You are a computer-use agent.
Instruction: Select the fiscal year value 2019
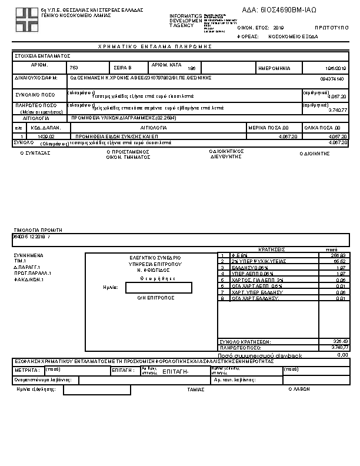click(278, 28)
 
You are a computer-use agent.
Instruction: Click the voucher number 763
click(74, 68)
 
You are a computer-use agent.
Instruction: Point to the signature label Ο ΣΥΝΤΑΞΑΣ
click(35, 152)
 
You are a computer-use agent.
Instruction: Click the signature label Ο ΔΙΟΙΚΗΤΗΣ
click(314, 153)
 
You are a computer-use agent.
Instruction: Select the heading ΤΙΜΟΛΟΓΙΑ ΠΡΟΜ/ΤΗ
click(38, 230)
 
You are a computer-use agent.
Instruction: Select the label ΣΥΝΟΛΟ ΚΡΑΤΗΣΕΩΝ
click(244, 341)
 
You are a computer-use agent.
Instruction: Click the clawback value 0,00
click(342, 355)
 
